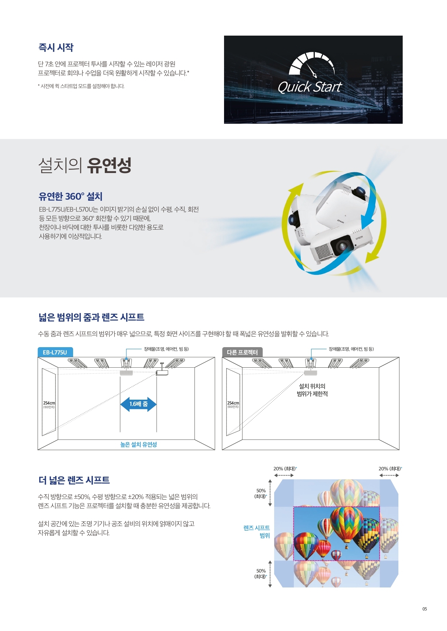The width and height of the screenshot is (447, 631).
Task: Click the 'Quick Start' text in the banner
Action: [309, 87]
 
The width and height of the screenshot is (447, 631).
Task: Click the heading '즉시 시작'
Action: [56, 47]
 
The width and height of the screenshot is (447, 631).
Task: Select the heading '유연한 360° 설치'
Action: [71, 196]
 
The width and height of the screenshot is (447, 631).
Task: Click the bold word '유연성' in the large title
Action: [109, 165]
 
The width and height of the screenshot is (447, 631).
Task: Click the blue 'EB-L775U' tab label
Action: [55, 352]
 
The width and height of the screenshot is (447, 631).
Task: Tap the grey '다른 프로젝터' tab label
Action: [242, 352]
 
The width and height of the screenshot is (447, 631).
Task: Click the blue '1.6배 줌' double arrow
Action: [138, 404]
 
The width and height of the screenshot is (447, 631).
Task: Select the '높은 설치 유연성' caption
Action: [139, 445]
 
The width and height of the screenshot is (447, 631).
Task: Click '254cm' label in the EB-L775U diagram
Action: [49, 403]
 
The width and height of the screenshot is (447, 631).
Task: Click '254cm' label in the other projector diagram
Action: [233, 403]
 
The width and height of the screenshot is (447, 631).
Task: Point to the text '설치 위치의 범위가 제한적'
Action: [312, 390]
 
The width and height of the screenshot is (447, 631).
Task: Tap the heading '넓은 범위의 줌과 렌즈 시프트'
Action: [91, 317]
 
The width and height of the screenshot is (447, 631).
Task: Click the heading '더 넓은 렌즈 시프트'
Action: [74, 480]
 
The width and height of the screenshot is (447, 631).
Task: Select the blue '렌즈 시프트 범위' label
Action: [256, 532]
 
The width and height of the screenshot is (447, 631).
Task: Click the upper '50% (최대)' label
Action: [261, 494]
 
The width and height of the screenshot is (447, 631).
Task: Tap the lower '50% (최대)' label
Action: [261, 574]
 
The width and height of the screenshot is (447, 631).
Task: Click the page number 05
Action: [425, 609]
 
